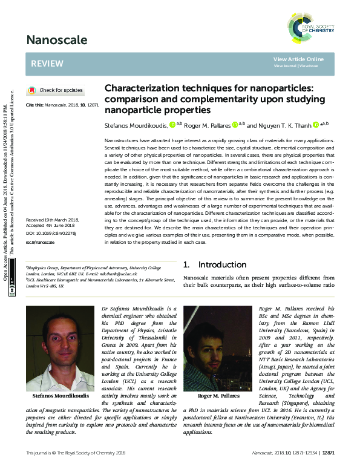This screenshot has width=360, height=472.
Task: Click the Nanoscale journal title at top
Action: pyautogui.click(x=56, y=41)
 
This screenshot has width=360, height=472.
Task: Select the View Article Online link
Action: pyautogui.click(x=298, y=59)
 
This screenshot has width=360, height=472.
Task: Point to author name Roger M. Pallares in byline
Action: pyautogui.click(x=205, y=124)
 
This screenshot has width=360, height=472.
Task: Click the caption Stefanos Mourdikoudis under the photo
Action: pyautogui.click(x=59, y=396)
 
